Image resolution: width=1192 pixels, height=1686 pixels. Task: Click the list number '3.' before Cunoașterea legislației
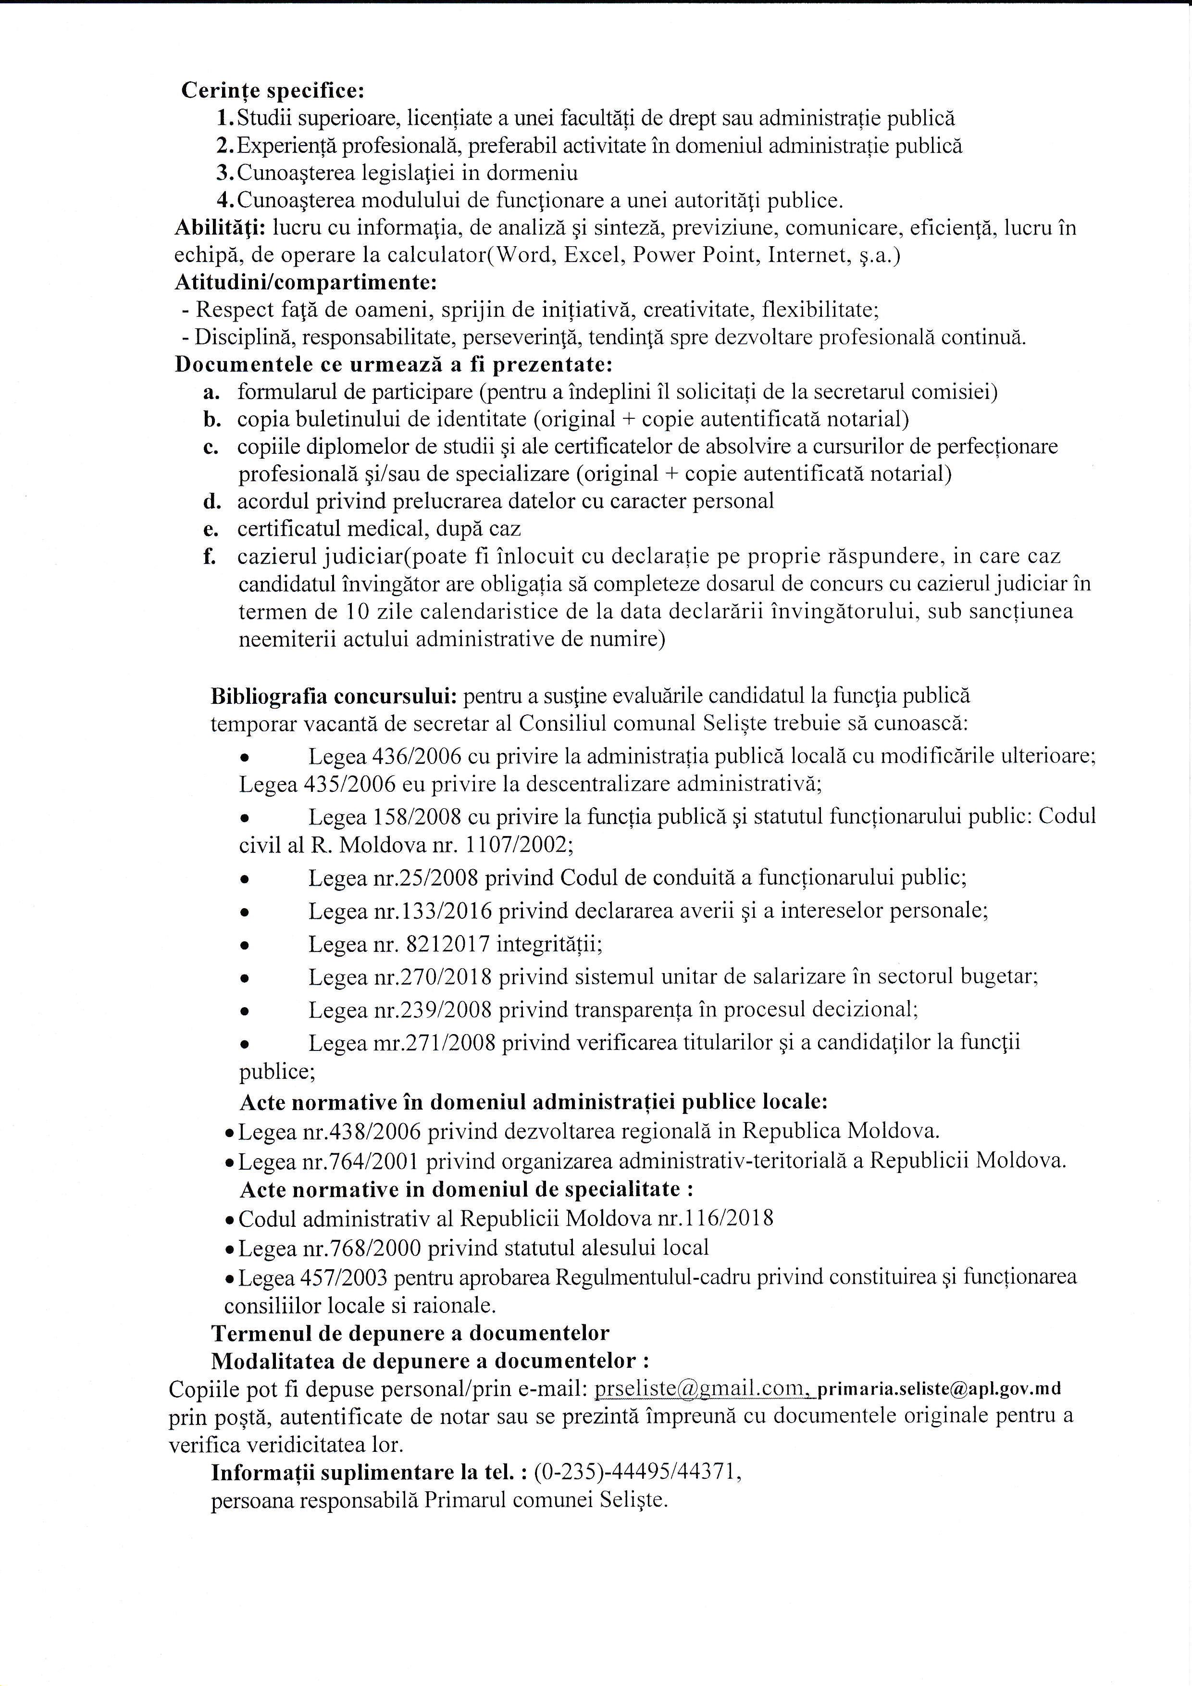225,173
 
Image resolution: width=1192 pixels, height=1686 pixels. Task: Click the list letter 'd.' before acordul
212,501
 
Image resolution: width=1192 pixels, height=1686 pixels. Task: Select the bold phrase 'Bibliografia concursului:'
335,695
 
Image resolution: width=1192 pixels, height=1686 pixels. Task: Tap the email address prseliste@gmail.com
701,1388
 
